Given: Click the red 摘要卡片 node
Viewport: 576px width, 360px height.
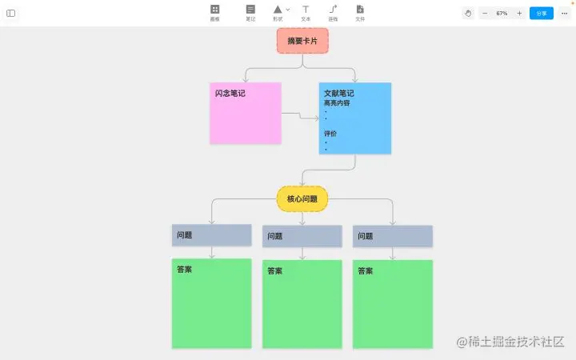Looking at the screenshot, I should pos(302,40).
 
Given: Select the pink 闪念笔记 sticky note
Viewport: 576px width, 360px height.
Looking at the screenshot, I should pos(246,113).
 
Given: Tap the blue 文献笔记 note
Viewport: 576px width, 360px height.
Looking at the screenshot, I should pos(355,118).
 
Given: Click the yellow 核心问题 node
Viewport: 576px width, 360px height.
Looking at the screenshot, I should pos(302,198).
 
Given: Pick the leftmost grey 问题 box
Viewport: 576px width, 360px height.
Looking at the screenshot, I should pos(211,235).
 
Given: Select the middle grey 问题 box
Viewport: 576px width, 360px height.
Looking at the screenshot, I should pos(302,236).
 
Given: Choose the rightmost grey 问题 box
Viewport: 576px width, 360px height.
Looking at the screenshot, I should pos(392,236).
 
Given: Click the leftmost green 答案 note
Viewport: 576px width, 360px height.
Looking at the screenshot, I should pos(211,303).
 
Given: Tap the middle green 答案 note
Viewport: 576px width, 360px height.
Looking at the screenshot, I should pos(302,304).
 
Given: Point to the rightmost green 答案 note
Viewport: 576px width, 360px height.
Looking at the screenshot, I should pos(392,304).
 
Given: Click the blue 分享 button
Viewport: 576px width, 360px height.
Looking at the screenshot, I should pos(542,14).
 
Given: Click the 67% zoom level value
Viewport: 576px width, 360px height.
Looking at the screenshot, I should pos(502,14).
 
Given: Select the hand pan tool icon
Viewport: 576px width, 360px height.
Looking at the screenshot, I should pos(468,14).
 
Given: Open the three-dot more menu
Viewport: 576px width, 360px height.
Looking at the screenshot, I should pos(563,14).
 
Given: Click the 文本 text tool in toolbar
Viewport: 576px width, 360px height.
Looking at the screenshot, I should pos(306,12).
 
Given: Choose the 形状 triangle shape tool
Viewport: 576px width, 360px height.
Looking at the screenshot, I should pos(278,10).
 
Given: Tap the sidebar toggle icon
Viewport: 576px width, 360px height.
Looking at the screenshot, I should pos(11,14).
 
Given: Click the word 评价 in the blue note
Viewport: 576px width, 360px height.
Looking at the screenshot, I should pos(330,134).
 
